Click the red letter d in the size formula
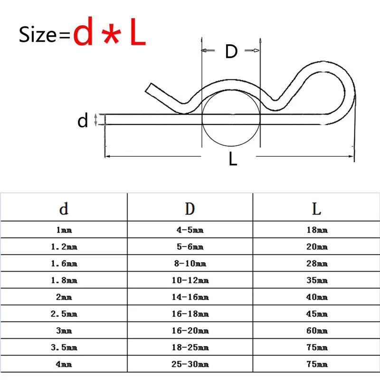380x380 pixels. coord(83,31)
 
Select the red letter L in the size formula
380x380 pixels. coord(138,31)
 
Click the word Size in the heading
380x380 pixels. coord(38,34)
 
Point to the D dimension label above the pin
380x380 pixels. coord(231,51)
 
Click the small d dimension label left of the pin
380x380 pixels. coord(82,121)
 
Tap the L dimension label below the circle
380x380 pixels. coord(233,159)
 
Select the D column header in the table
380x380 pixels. coord(190,209)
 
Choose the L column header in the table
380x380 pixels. coord(316,209)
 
